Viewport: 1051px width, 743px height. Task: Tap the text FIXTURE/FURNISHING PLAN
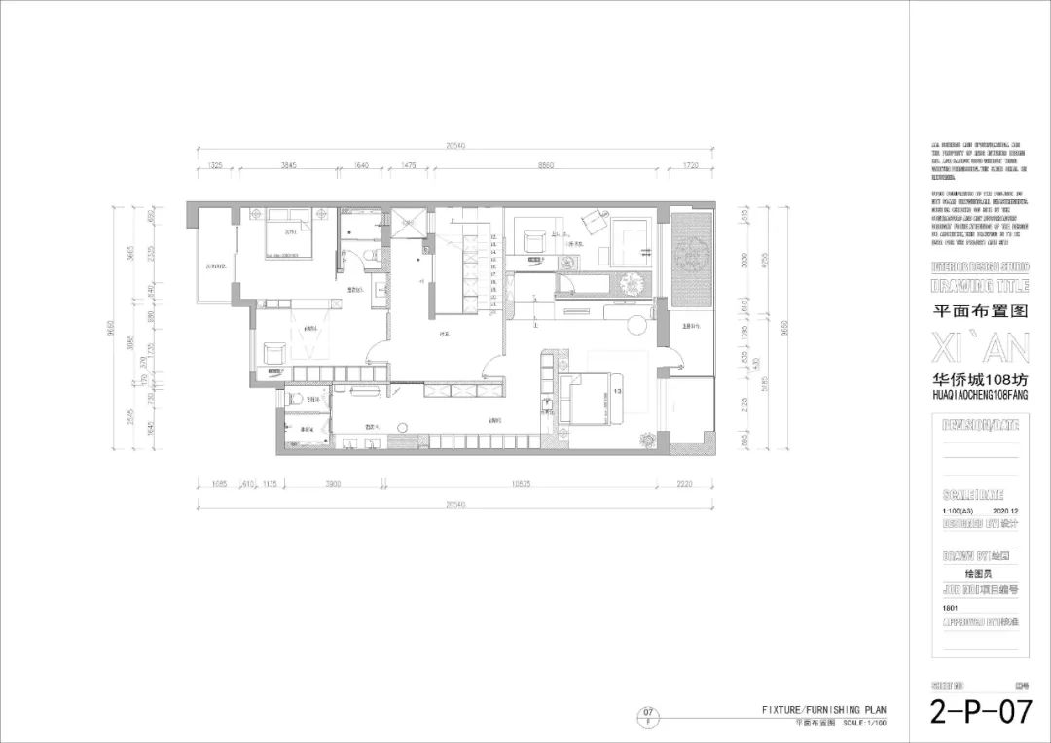coord(823,710)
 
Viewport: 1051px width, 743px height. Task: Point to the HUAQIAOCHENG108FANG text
coord(979,396)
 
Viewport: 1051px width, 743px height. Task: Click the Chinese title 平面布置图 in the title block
coord(979,311)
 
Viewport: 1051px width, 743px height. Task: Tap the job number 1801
coord(950,605)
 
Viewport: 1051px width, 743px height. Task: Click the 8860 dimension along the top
coord(546,166)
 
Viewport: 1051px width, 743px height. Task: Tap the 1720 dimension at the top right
coord(691,166)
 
